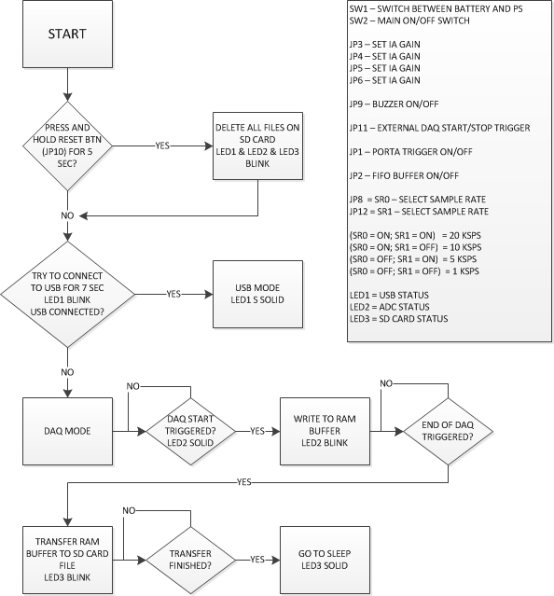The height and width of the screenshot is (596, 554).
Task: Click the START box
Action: (67, 34)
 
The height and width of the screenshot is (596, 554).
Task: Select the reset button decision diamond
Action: (67, 146)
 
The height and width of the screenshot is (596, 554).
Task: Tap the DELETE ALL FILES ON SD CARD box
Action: (257, 146)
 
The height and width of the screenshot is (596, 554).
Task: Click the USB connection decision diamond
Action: (67, 294)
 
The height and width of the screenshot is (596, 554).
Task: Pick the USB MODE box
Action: (257, 294)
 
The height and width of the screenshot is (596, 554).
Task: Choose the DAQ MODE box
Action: (67, 431)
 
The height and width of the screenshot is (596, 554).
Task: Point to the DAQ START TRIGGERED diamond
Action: (190, 431)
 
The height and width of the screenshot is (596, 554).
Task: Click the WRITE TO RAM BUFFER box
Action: (325, 431)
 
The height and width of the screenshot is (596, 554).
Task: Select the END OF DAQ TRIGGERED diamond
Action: (448, 431)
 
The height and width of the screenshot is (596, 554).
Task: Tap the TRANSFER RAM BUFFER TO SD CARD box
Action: (67, 560)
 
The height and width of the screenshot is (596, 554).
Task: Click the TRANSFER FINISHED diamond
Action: (190, 560)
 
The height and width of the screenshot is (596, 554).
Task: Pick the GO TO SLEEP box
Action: (325, 560)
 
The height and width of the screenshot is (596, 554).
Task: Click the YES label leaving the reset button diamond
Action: (162, 146)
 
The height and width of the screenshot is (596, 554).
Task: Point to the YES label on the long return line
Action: (244, 482)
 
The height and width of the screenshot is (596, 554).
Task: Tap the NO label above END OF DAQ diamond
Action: (386, 383)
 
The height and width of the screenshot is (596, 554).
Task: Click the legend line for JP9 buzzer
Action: (394, 104)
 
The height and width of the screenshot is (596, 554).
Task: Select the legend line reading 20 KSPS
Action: (415, 236)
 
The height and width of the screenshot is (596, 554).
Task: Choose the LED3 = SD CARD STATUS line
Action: (398, 319)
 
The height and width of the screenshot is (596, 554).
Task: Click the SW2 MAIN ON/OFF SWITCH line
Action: (409, 21)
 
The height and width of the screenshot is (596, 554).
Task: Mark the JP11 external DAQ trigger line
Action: (439, 128)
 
